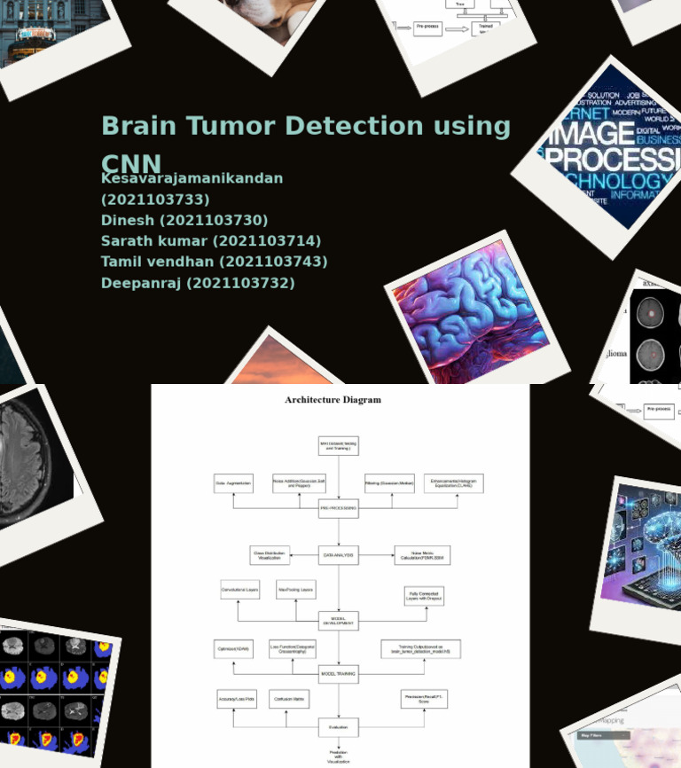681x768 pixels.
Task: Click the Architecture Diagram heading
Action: (x=333, y=400)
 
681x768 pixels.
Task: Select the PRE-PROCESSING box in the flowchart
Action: (x=339, y=508)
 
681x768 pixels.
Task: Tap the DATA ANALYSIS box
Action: (x=339, y=556)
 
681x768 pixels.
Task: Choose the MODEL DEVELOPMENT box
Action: (x=339, y=621)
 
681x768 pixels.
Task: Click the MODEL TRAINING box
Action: (x=339, y=674)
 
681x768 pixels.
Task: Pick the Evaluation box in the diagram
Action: (x=339, y=727)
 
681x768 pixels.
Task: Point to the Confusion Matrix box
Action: (x=289, y=700)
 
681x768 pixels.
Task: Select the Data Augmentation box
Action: (x=233, y=484)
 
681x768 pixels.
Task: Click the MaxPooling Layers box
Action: (x=295, y=590)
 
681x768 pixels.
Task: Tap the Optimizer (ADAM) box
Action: (x=234, y=649)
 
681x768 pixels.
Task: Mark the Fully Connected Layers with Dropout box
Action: (x=424, y=596)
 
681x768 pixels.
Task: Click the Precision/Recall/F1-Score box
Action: (x=424, y=700)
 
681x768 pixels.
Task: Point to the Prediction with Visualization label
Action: (x=339, y=756)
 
